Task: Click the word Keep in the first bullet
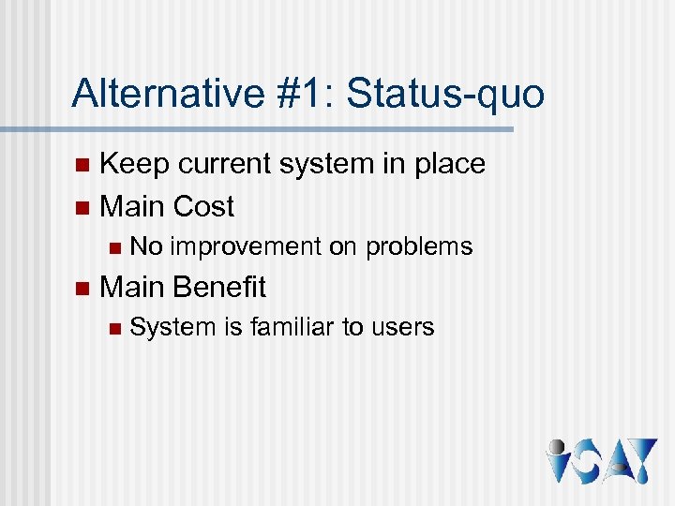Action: (x=134, y=164)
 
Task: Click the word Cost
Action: (x=203, y=205)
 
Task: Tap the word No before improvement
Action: (x=146, y=246)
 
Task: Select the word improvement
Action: (x=246, y=247)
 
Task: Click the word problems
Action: (x=419, y=247)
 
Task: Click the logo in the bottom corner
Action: (x=600, y=461)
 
